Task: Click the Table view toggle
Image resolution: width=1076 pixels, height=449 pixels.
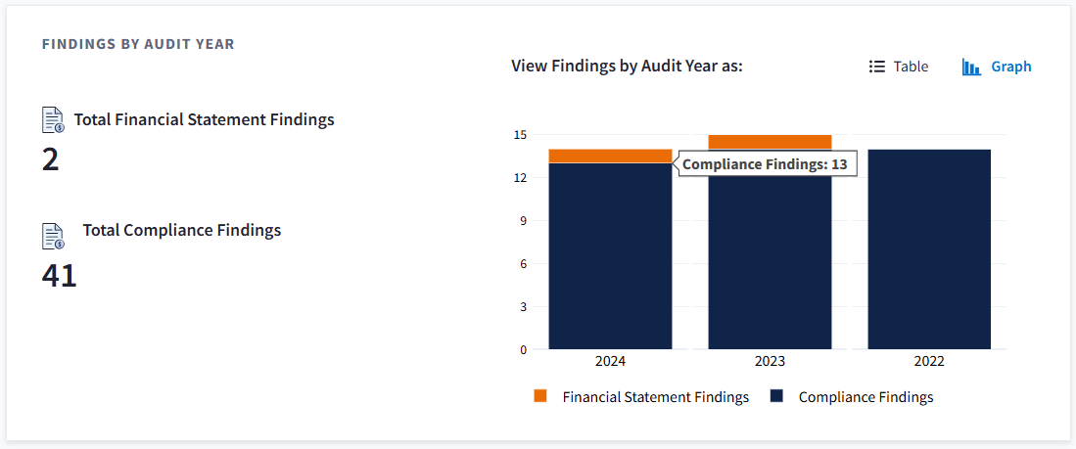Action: [899, 67]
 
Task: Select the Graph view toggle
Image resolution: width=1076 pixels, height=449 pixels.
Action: [997, 67]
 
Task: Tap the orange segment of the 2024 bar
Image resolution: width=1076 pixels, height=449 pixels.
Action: [610, 156]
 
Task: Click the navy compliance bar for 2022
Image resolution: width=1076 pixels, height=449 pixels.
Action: [929, 249]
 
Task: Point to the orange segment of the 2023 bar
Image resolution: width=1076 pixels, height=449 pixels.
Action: [770, 141]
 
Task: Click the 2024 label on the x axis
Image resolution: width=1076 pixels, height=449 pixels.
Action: [610, 361]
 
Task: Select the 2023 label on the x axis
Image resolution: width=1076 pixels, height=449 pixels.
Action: [770, 361]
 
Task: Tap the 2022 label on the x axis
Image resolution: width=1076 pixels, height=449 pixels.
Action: [929, 361]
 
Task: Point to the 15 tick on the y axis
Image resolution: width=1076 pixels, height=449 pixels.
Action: [520, 135]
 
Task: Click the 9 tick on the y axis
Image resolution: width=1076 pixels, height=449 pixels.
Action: [523, 221]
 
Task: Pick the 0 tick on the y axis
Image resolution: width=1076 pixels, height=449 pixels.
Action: [523, 349]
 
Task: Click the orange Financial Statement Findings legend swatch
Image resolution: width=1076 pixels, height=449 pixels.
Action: [540, 396]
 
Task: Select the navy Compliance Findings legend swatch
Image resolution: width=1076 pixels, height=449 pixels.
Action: [776, 396]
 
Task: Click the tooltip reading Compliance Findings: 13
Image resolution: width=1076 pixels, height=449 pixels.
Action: [765, 164]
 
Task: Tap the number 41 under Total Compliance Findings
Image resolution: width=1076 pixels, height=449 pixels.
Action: [59, 276]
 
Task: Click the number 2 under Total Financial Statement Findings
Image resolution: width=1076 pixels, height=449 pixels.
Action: [51, 159]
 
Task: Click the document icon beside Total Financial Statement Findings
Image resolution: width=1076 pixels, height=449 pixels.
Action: [53, 119]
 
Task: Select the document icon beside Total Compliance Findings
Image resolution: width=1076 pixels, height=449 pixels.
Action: [53, 236]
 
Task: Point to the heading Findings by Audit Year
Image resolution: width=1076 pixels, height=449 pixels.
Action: [138, 44]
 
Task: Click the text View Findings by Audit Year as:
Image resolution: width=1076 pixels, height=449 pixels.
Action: [627, 67]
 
